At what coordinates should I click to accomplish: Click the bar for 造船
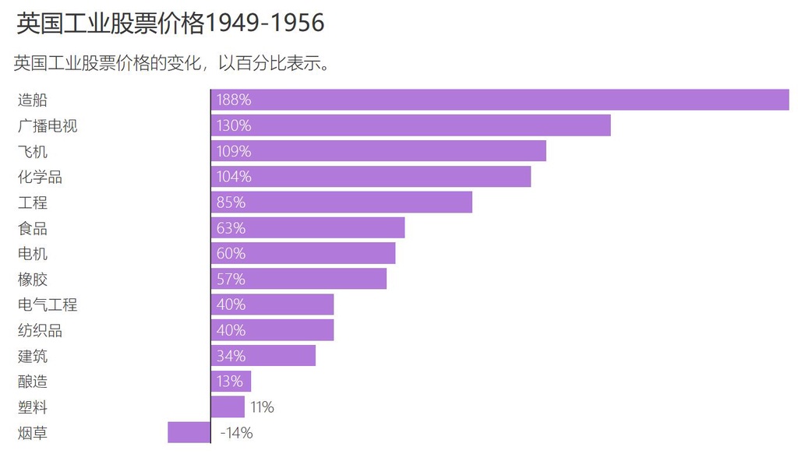[499, 100]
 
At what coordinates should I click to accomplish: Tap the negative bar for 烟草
[189, 432]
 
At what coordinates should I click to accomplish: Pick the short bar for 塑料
[228, 406]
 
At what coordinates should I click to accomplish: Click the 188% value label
[234, 100]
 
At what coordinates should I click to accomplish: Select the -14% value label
[236, 433]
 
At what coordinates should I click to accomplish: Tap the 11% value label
[263, 407]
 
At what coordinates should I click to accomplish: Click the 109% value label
[234, 151]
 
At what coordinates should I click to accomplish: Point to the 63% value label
[231, 228]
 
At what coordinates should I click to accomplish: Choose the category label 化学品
[40, 177]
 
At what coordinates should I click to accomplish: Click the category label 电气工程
[48, 304]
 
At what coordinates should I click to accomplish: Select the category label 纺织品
[40, 330]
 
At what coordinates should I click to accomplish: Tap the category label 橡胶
[33, 279]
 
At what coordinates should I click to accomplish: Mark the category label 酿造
[33, 382]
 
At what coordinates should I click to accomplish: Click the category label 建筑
[33, 356]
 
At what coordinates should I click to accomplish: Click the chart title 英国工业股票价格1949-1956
[170, 23]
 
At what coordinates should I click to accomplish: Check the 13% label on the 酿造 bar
[231, 382]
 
